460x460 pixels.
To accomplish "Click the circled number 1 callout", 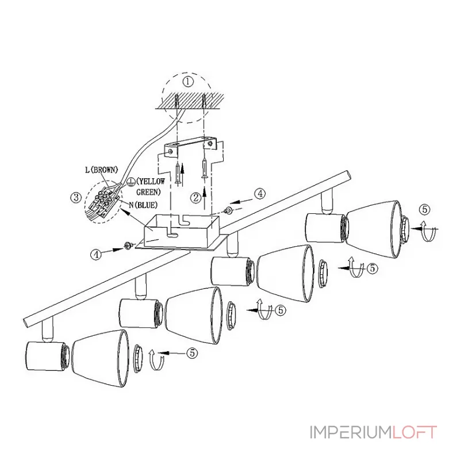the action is click(x=188, y=81).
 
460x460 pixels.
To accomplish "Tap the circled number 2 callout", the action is click(x=196, y=198).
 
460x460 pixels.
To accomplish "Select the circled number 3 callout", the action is click(x=76, y=197).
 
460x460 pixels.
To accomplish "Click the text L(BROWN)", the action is click(x=102, y=170).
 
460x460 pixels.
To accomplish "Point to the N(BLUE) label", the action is click(x=143, y=205).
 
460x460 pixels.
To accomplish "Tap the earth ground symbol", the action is click(x=131, y=182).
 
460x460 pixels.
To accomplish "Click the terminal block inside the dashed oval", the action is click(x=103, y=202).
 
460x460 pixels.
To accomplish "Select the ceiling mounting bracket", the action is click(x=190, y=148).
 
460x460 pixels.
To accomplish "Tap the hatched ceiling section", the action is click(x=190, y=101).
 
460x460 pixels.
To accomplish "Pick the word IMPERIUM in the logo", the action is click(x=351, y=432).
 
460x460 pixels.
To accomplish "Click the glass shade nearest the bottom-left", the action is click(x=100, y=359).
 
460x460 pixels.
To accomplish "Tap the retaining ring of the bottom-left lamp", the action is click(x=138, y=359).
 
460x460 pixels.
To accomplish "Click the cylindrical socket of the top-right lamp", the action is click(x=324, y=227).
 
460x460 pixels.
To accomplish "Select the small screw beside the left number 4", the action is click(x=128, y=246).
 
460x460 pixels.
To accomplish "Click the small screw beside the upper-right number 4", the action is click(x=228, y=210).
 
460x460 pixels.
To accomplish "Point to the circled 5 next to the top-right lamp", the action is click(x=424, y=209).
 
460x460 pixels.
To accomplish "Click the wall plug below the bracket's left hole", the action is click(x=178, y=174).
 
